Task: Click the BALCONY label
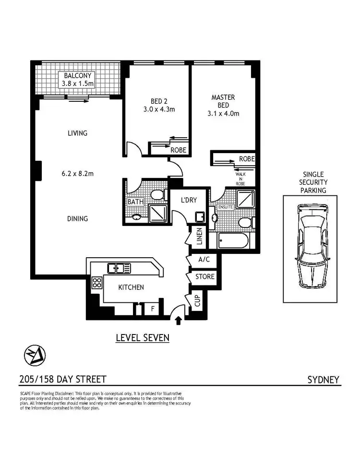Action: tap(77, 76)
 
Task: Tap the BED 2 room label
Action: tap(156, 101)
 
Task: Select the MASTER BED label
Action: tap(223, 101)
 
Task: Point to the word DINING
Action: tap(77, 219)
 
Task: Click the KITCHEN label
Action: tap(131, 287)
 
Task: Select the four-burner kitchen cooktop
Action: tap(97, 282)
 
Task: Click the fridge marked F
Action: tap(153, 309)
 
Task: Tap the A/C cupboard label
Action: tap(203, 260)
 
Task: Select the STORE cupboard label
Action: tap(204, 277)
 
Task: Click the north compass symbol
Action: tap(35, 356)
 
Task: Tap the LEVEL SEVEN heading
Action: tap(143, 338)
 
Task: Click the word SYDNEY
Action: tap(323, 380)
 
